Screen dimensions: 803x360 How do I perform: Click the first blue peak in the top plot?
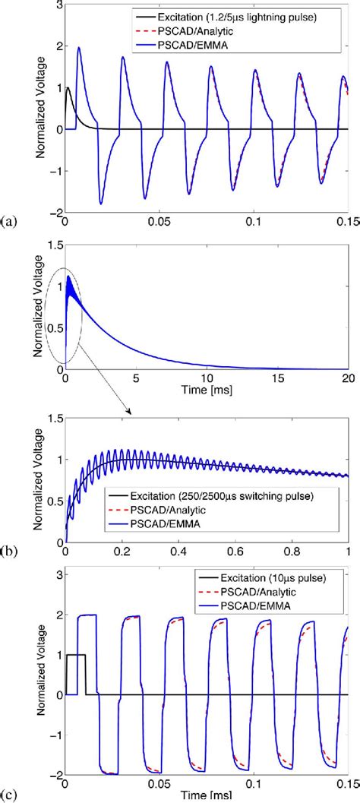(x=79, y=48)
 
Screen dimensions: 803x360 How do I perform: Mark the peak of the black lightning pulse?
(x=68, y=88)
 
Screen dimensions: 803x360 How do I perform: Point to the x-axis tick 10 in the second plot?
(x=206, y=378)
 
